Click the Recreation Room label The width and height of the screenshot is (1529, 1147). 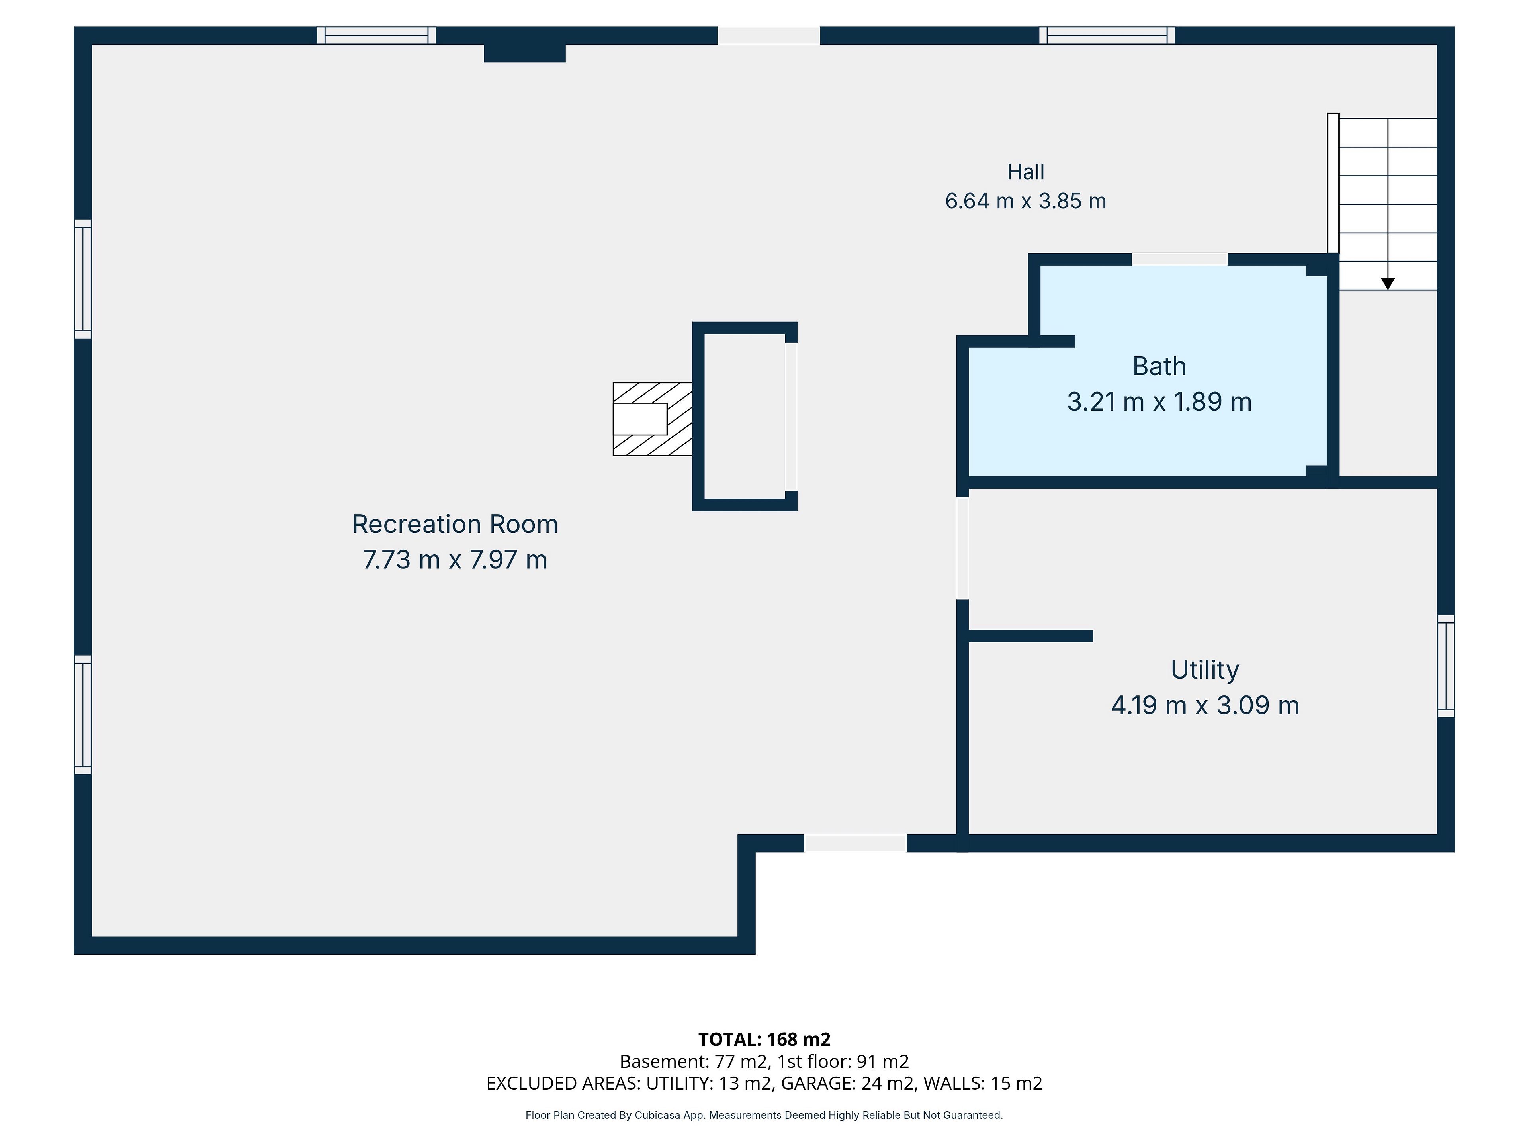tap(455, 524)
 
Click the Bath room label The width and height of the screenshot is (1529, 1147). tap(1159, 366)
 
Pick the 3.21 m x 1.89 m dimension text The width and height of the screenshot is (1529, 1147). tap(1159, 402)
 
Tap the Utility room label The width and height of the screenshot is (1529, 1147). tap(1205, 670)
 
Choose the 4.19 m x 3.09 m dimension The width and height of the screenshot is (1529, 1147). tap(1205, 705)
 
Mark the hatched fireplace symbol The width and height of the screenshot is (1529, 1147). tap(653, 419)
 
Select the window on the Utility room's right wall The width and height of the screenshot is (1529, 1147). tap(1446, 666)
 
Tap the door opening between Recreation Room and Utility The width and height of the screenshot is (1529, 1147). tap(962, 548)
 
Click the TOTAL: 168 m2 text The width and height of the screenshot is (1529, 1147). tap(764, 1039)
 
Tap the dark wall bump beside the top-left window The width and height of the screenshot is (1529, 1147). tap(525, 53)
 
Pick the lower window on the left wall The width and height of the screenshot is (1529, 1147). tap(83, 715)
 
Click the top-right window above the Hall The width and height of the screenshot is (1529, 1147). tap(1107, 35)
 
